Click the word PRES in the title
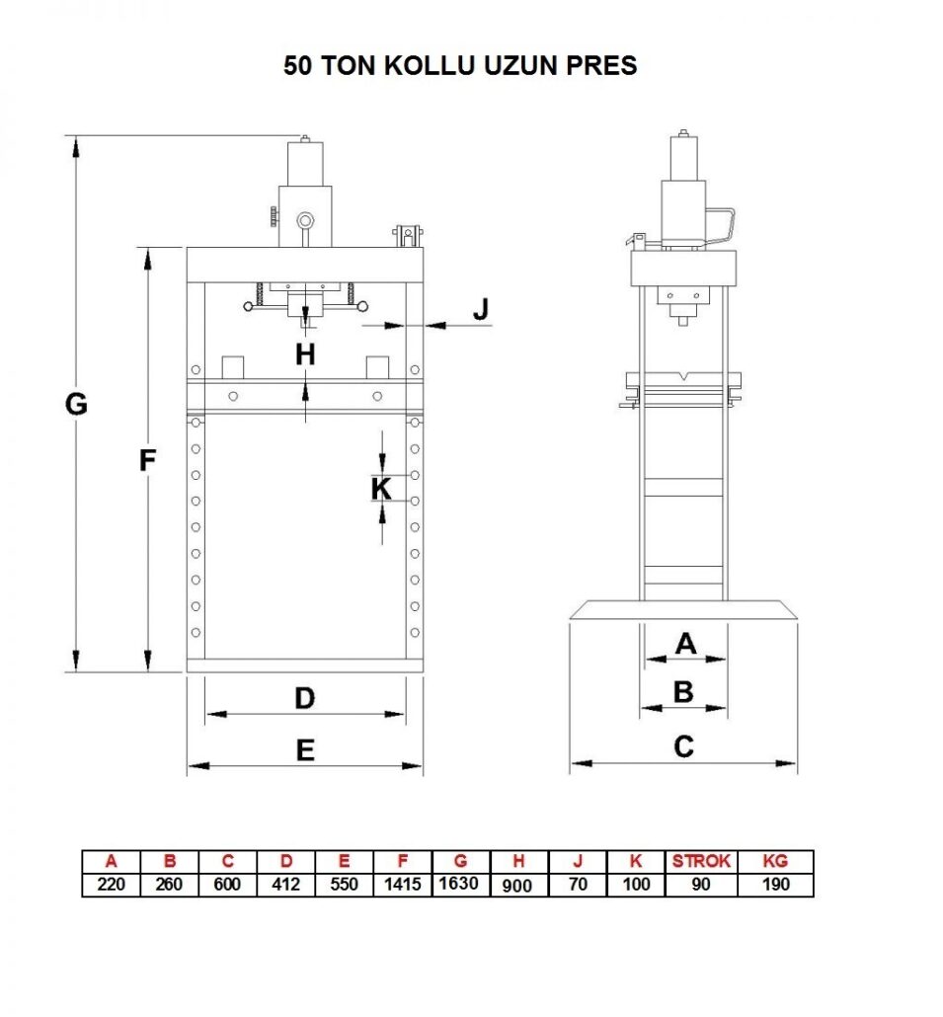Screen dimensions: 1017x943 click(x=600, y=66)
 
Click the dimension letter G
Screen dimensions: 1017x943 click(x=76, y=404)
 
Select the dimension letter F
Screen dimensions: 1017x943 click(x=148, y=460)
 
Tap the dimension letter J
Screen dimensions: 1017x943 click(x=480, y=309)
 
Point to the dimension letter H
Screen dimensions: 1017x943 click(x=305, y=353)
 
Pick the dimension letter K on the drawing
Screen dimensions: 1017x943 click(x=381, y=488)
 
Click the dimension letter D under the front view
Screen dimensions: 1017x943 click(x=304, y=698)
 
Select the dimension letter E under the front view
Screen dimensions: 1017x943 click(x=305, y=750)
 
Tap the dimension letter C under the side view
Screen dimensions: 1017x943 click(x=683, y=746)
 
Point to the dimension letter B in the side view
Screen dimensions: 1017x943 click(x=683, y=692)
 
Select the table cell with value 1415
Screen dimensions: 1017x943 click(x=402, y=884)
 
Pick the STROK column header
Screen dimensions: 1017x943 click(x=701, y=861)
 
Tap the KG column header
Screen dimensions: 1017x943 click(x=776, y=861)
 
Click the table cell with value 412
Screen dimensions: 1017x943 click(x=285, y=884)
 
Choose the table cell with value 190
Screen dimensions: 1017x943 click(x=776, y=884)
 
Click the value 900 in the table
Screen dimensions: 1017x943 click(x=517, y=886)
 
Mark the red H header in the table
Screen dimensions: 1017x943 click(x=517, y=861)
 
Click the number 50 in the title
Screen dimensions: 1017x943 click(x=298, y=66)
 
